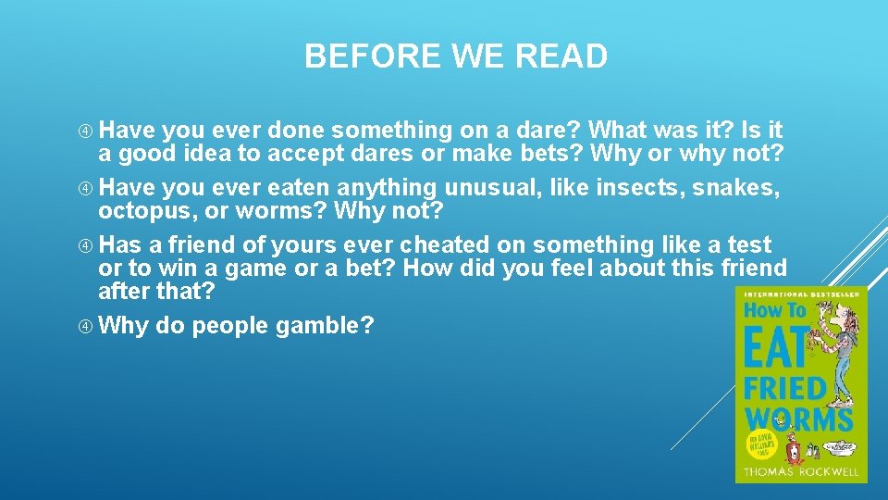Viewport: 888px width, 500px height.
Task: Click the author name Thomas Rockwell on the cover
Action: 800,471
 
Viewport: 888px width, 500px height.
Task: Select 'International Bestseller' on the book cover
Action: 801,294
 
